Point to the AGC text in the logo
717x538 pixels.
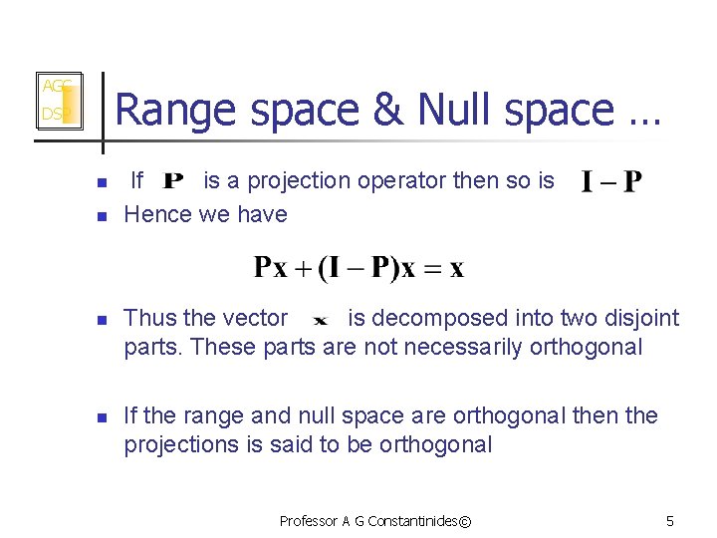tap(55, 87)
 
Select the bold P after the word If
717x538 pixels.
tap(172, 182)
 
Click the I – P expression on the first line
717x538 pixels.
tap(611, 182)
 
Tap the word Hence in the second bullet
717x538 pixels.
tap(154, 214)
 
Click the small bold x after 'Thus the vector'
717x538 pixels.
tap(320, 321)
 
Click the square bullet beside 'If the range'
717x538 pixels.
tap(101, 416)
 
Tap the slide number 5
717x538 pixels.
tap(670, 521)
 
